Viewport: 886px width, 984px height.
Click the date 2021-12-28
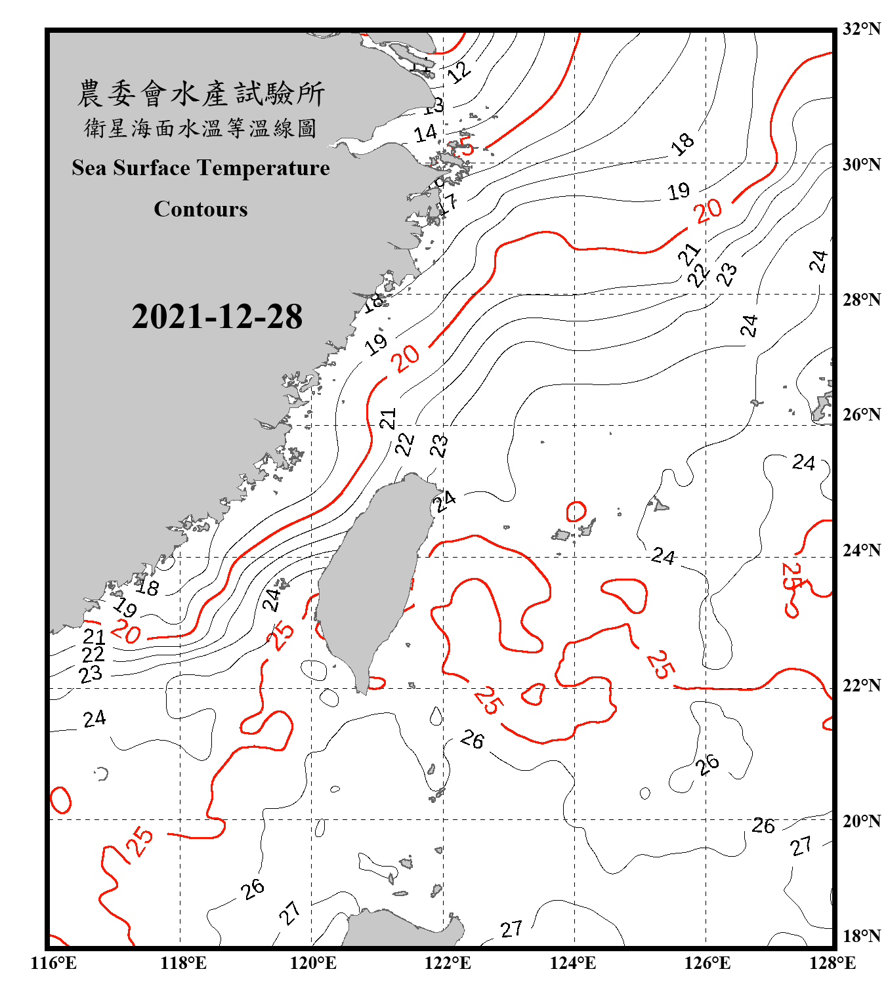pos(217,317)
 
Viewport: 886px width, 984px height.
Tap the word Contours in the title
pos(201,209)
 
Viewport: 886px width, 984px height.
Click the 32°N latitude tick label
pos(861,29)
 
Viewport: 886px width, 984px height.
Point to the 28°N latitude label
pos(861,300)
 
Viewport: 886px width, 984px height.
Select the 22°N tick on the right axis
pos(861,686)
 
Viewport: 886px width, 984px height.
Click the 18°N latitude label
pos(861,936)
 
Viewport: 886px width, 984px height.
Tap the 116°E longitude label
pos(54,963)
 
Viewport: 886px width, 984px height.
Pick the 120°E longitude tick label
pos(313,963)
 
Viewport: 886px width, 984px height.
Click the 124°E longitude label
pos(573,963)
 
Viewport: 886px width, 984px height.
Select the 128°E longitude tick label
pos(832,963)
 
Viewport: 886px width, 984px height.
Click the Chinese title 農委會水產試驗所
pos(201,94)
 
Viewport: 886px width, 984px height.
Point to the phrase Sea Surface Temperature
pos(201,168)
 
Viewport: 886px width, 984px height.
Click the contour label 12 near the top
pos(459,72)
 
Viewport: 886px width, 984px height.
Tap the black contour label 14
pos(425,133)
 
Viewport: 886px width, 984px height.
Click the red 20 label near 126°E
pos(709,211)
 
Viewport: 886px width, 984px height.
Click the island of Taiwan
pos(371,577)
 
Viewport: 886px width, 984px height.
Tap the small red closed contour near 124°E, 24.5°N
pos(576,511)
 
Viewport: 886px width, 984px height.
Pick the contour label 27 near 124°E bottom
pos(511,929)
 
